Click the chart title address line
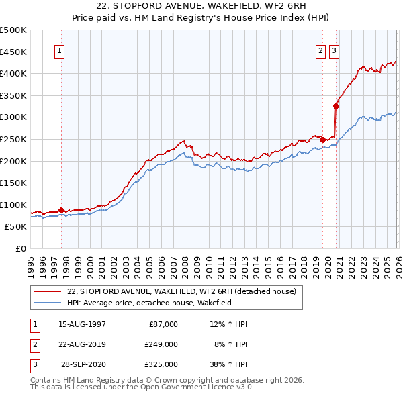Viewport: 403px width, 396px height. [201, 7]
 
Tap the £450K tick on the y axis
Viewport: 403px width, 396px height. [13, 52]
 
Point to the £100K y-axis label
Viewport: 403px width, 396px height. [13, 205]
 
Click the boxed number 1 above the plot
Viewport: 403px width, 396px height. [60, 50]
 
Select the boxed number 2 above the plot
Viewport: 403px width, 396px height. [321, 50]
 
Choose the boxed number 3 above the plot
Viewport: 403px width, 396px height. [334, 50]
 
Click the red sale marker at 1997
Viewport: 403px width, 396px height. [61, 210]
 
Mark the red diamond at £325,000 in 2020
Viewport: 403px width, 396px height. [336, 105]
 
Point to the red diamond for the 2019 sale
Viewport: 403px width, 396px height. [322, 140]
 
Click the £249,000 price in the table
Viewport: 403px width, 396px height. [161, 344]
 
